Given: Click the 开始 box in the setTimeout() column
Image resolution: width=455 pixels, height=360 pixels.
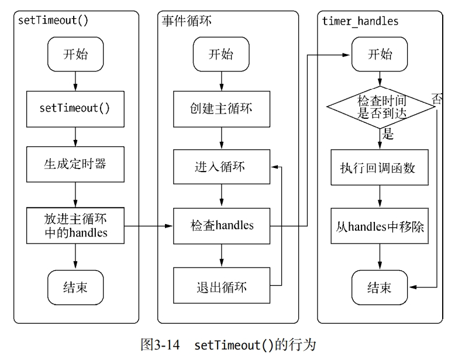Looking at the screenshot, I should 75,54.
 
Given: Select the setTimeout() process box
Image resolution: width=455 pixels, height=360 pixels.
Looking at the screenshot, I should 75,109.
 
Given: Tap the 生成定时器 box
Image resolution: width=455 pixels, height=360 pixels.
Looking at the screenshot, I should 75,164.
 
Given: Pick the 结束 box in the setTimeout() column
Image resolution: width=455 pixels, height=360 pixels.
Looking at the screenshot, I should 75,287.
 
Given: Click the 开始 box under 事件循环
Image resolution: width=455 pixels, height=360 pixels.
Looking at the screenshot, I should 220,54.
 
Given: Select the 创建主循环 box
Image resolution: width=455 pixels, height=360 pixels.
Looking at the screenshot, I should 220,109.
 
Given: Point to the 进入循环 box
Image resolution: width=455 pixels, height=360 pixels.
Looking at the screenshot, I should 220,166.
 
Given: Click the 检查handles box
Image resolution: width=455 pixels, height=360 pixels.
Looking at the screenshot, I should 222,225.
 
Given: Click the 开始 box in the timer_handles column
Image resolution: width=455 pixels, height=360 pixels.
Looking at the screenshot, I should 380,54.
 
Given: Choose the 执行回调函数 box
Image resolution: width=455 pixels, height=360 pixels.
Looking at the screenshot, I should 381,167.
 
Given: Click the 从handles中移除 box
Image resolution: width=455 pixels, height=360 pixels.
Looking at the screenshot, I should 381,225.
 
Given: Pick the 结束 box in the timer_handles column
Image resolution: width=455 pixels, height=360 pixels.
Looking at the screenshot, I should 380,287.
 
